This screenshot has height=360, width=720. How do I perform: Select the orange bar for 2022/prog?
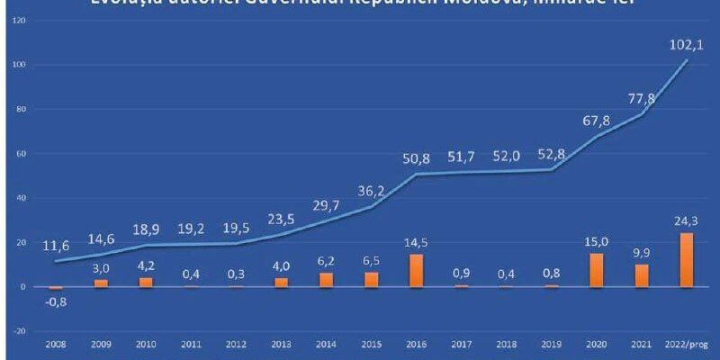tap(688, 259)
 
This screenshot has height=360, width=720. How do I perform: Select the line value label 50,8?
tap(417, 158)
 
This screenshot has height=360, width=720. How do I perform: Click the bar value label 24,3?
tap(687, 220)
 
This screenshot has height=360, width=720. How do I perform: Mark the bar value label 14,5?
tap(417, 241)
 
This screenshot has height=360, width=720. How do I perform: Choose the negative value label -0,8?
tap(57, 301)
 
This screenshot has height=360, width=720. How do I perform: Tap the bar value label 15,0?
tap(597, 240)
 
